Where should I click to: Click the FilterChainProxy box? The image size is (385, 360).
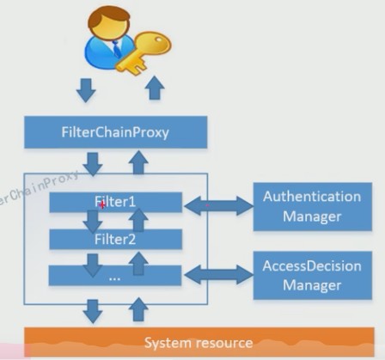coord(116,132)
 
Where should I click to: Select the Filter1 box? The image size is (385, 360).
coord(116,202)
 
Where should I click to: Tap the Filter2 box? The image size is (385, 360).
coord(116,239)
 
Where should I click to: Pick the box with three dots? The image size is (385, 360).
coord(115,276)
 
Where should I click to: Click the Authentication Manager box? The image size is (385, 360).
coord(313,206)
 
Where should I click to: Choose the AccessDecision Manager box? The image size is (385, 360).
coord(313,276)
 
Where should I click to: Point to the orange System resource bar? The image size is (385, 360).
coord(199,342)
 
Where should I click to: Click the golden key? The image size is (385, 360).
coord(144,53)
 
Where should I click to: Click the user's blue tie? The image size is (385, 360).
coord(117,49)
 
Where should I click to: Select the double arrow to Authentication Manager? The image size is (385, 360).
coord(218,205)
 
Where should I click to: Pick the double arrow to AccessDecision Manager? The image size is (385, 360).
coord(218,274)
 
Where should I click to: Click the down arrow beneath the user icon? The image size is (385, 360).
coord(86,90)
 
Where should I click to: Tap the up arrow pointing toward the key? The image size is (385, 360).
coord(155,88)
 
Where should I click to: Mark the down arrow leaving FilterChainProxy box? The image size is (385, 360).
coord(93,164)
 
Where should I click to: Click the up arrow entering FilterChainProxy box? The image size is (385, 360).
coord(138,162)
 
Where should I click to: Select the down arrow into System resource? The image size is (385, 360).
coord(93,312)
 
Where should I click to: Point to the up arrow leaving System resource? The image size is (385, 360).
coord(138,309)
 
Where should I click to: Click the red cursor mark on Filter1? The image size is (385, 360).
coord(102,204)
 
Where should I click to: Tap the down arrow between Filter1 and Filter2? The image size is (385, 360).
coord(93,222)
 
